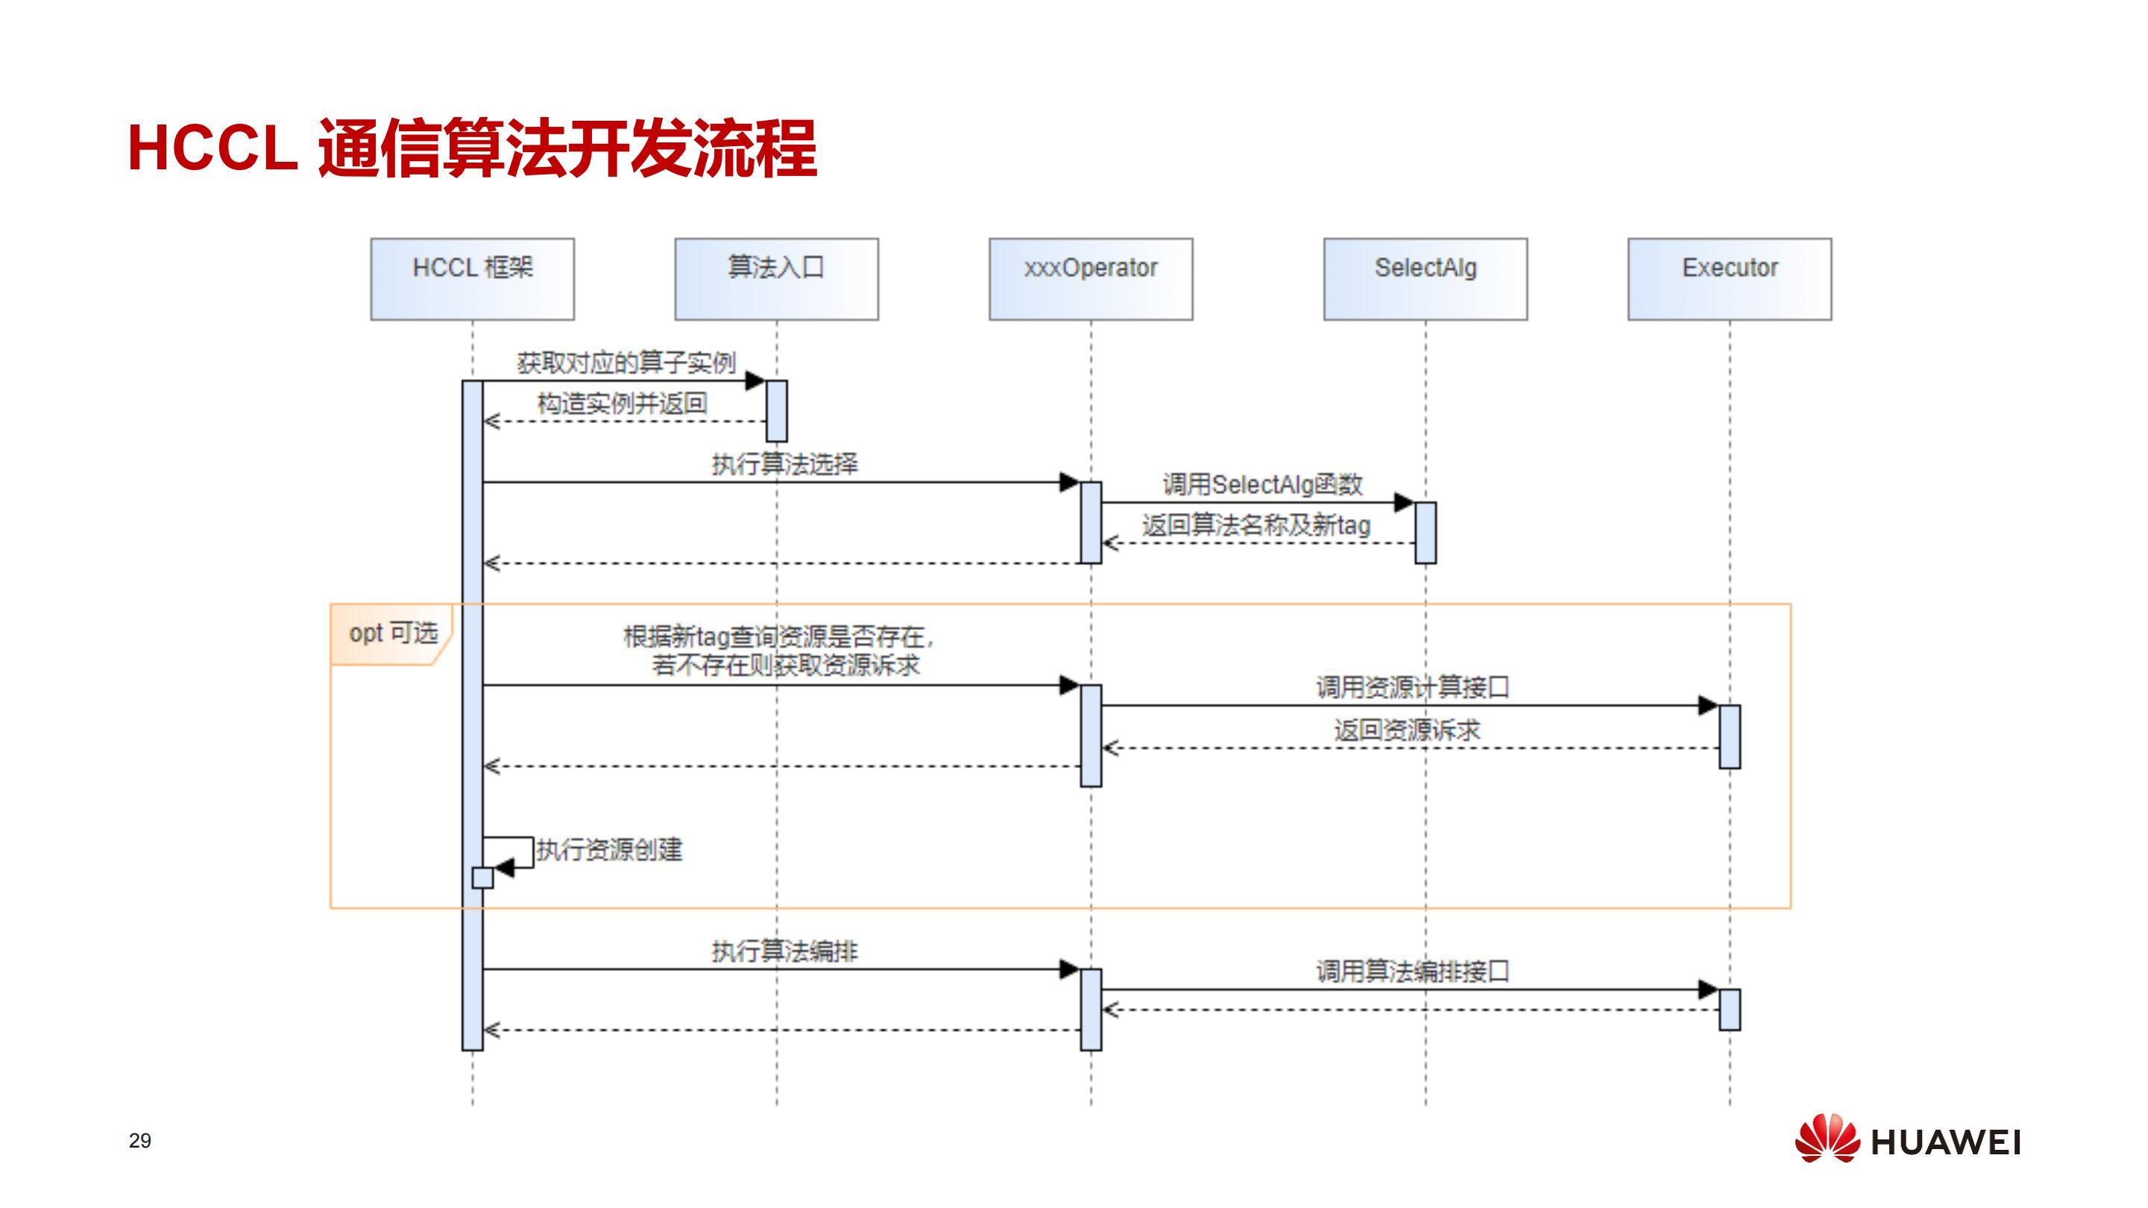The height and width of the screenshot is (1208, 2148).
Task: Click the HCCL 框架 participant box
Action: (x=472, y=279)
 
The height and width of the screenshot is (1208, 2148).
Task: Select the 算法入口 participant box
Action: (x=776, y=279)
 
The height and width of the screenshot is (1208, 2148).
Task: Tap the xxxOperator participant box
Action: (x=1091, y=279)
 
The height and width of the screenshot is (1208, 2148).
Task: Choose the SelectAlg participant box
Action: (x=1425, y=279)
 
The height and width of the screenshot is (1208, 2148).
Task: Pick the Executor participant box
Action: (x=1730, y=279)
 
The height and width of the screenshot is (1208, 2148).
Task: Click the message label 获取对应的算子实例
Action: (x=626, y=363)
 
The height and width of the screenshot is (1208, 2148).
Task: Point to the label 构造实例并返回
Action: (x=622, y=403)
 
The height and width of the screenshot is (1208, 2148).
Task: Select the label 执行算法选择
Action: (x=784, y=464)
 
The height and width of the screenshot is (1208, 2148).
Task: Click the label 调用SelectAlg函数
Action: (x=1262, y=484)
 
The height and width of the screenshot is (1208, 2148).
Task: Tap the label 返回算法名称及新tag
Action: (x=1256, y=526)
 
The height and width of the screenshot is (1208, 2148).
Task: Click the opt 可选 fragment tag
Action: (x=392, y=634)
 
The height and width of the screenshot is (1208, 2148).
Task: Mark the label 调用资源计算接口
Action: (x=1413, y=688)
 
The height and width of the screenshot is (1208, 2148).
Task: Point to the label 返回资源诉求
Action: (x=1407, y=730)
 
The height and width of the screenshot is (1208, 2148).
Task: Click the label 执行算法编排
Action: (x=784, y=951)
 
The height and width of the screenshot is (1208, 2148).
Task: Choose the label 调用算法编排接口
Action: (x=1413, y=971)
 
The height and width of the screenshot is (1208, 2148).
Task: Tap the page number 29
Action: (x=140, y=1140)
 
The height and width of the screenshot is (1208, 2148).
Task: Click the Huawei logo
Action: (x=1908, y=1139)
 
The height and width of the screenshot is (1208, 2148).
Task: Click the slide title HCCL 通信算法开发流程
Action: (x=472, y=148)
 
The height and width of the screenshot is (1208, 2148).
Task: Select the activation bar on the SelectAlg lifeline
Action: (x=1425, y=532)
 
